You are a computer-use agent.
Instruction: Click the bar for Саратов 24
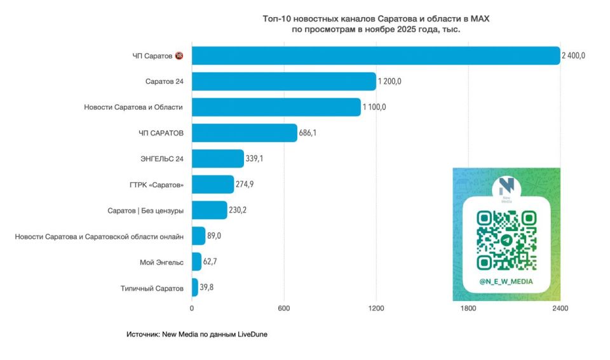[x=283, y=81]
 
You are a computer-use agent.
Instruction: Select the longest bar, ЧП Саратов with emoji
[x=375, y=56]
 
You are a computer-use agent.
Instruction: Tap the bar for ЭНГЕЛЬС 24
[x=217, y=159]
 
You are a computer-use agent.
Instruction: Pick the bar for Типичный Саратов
[x=194, y=288]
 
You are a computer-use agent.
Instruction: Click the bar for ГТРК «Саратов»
[x=212, y=184]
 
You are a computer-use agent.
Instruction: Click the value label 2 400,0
[x=573, y=56]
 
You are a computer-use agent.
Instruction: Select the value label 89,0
[x=214, y=236]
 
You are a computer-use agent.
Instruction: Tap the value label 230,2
[x=239, y=210]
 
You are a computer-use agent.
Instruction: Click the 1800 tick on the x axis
[x=468, y=309]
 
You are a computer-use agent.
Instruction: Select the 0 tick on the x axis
[x=191, y=309]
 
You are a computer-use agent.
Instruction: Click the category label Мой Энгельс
[x=161, y=262]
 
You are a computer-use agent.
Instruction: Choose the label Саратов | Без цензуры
[x=146, y=210]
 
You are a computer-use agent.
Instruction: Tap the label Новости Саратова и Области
[x=133, y=107]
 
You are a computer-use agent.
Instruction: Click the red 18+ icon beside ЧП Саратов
[x=179, y=56]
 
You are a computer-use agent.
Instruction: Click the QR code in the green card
[x=506, y=241]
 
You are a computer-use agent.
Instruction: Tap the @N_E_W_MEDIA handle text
[x=506, y=281]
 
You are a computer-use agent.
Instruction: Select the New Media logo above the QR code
[x=506, y=187]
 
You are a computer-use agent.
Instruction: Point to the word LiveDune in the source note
[x=252, y=334]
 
